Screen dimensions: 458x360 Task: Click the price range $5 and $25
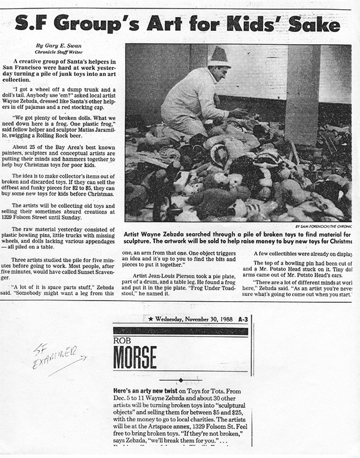pos(215,412)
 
